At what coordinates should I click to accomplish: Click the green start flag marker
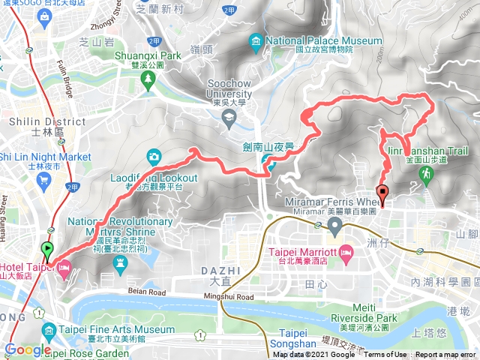tap(48, 250)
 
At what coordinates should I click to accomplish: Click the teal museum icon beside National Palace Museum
tap(256, 40)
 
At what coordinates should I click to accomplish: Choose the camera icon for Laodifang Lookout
tap(154, 156)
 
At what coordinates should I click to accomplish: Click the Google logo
tap(28, 350)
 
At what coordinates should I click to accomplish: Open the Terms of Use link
tap(385, 355)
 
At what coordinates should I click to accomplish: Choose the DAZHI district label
tap(217, 269)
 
